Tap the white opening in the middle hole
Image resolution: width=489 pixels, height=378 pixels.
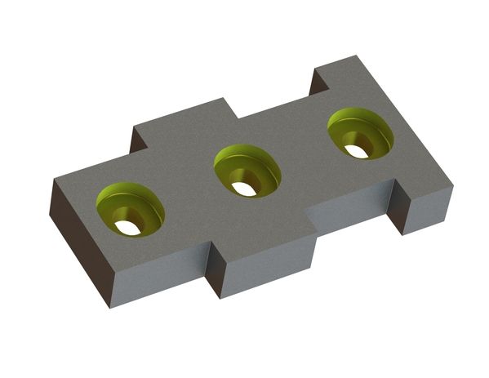click(x=242, y=189)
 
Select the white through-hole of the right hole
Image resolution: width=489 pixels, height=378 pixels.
click(x=356, y=151)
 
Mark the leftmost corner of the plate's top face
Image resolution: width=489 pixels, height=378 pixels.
click(x=55, y=180)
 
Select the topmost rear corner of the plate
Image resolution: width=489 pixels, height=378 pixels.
click(x=357, y=56)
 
